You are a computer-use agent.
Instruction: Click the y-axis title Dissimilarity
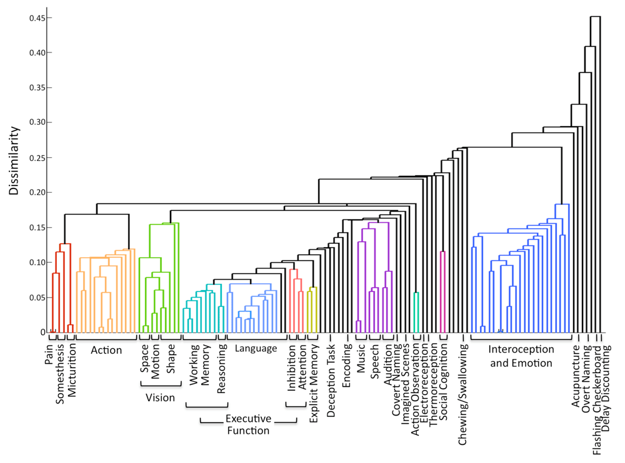tap(14, 162)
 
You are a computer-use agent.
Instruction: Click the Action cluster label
tap(106, 350)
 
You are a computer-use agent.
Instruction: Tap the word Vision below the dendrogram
tap(160, 397)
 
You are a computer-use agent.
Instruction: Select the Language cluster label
tap(256, 349)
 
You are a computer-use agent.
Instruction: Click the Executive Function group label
tap(247, 424)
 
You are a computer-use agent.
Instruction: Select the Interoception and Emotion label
tap(521, 356)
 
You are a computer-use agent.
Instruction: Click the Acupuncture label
tap(576, 378)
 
